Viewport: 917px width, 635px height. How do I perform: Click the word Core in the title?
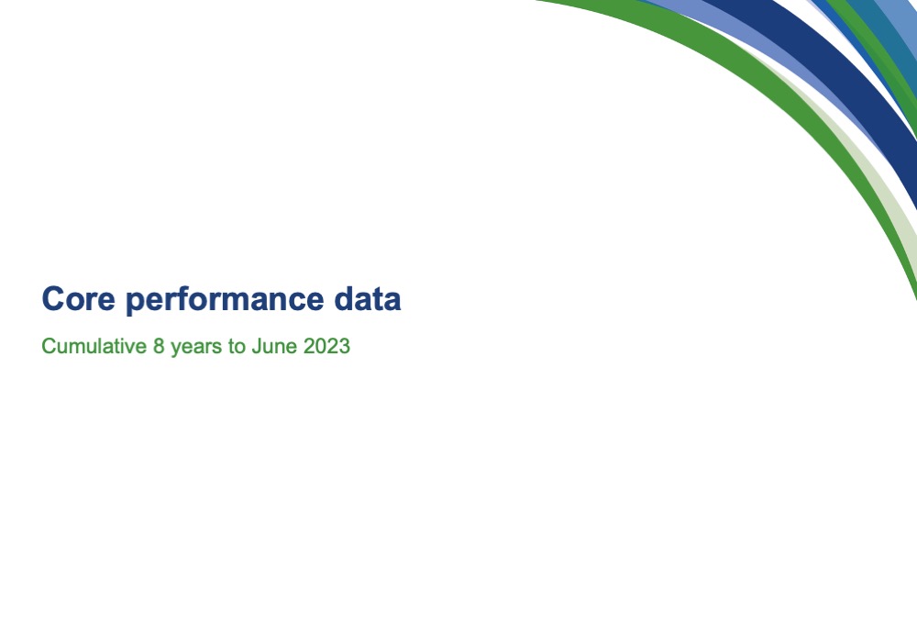(x=78, y=298)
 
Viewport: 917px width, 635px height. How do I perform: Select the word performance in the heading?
(x=225, y=300)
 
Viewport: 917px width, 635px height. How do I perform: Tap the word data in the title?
(x=368, y=298)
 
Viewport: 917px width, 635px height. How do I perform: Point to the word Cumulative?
(x=94, y=346)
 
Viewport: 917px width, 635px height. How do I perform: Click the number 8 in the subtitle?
(x=159, y=346)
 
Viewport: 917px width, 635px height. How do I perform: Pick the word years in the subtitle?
(x=196, y=348)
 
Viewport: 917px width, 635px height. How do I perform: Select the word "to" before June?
(x=237, y=347)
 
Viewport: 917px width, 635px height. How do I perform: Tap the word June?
(x=274, y=346)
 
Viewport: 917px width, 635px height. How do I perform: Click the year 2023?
(x=327, y=346)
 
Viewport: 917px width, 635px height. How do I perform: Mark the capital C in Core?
(x=52, y=298)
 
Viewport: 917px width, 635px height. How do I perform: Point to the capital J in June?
(x=256, y=346)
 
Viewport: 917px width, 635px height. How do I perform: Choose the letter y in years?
(x=175, y=349)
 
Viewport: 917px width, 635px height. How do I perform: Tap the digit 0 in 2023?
(x=321, y=346)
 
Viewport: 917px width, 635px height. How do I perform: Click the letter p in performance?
(x=136, y=303)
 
